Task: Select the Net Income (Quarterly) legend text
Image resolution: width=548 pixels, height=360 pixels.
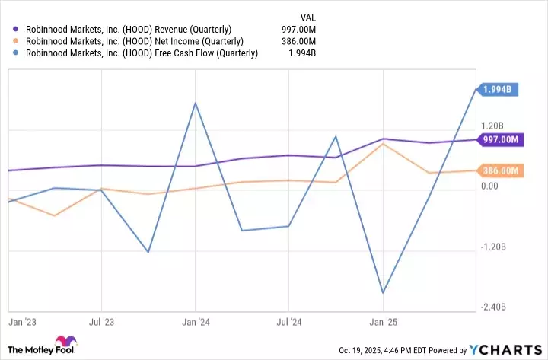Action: pos(135,41)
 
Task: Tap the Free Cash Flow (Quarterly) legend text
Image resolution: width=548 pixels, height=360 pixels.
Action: pos(142,53)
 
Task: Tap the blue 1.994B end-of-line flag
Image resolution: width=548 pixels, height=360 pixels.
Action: pos(499,90)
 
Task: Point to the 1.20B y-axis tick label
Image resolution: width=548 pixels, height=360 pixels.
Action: pos(492,126)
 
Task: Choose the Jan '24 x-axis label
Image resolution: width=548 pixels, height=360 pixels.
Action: pos(196,322)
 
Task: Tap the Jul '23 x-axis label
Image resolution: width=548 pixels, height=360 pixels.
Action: pos(101,322)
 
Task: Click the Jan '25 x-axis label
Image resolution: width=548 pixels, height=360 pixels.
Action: pos(384,322)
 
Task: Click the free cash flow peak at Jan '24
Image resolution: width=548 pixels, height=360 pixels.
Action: pos(196,103)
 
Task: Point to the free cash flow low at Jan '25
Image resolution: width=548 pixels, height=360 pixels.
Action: pos(384,292)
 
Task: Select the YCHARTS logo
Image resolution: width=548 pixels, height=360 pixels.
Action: pos(505,350)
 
